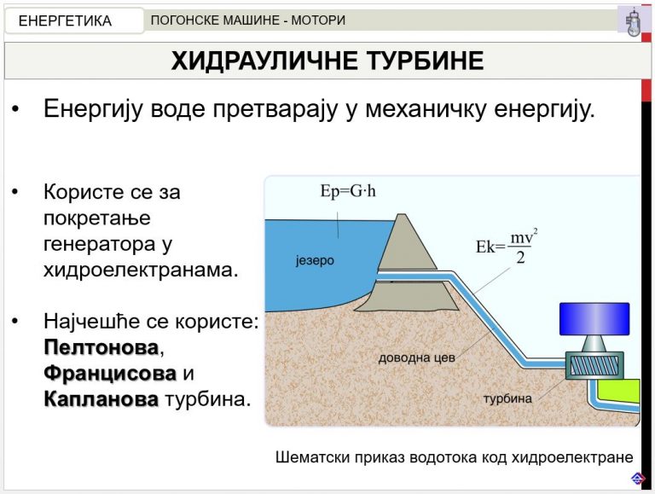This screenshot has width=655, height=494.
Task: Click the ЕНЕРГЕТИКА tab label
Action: pyautogui.click(x=65, y=20)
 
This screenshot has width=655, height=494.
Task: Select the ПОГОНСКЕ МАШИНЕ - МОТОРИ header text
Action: pyautogui.click(x=247, y=20)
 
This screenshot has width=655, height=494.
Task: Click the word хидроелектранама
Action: pyautogui.click(x=142, y=270)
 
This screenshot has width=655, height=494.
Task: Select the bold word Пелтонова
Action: pyautogui.click(x=101, y=347)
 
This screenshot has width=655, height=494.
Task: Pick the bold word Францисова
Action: pyautogui.click(x=110, y=373)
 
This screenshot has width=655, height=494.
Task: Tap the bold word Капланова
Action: pyautogui.click(x=101, y=399)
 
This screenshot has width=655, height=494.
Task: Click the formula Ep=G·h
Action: pyautogui.click(x=348, y=191)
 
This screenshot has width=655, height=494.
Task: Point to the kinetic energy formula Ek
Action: pyautogui.click(x=507, y=247)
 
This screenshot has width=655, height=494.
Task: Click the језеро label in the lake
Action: pyautogui.click(x=315, y=260)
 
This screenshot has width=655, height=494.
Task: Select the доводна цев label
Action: pyautogui.click(x=416, y=357)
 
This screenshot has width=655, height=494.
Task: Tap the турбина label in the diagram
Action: pyautogui.click(x=507, y=398)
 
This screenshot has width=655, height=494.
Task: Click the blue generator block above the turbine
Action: pyautogui.click(x=594, y=319)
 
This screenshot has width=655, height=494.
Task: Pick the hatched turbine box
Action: pyautogui.click(x=594, y=365)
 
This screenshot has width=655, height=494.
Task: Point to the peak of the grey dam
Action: pyautogui.click(x=402, y=214)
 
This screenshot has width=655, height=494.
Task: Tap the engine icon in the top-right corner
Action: pyautogui.click(x=634, y=21)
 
